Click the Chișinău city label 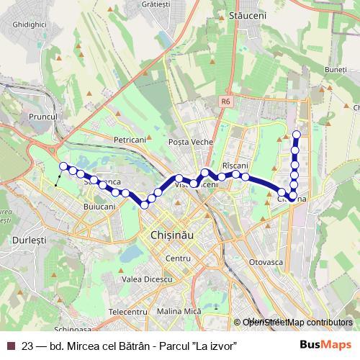[169, 235]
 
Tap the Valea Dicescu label [147, 279]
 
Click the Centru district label [177, 257]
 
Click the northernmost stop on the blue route [297, 134]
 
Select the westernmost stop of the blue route [63, 166]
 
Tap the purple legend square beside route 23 [11, 346]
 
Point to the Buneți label [336, 69]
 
